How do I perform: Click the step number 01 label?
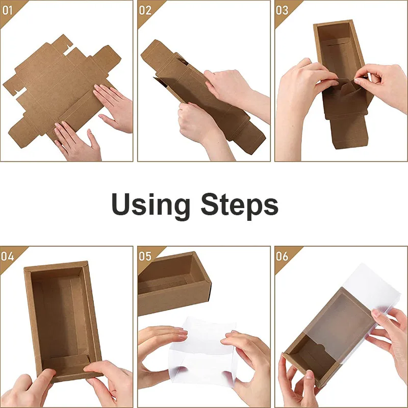[7, 9]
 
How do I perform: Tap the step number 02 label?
[145, 9]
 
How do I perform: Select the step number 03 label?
[282, 9]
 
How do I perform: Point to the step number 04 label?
[7, 256]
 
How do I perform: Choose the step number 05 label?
[145, 256]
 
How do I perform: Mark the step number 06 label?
[282, 256]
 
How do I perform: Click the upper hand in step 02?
[229, 84]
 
